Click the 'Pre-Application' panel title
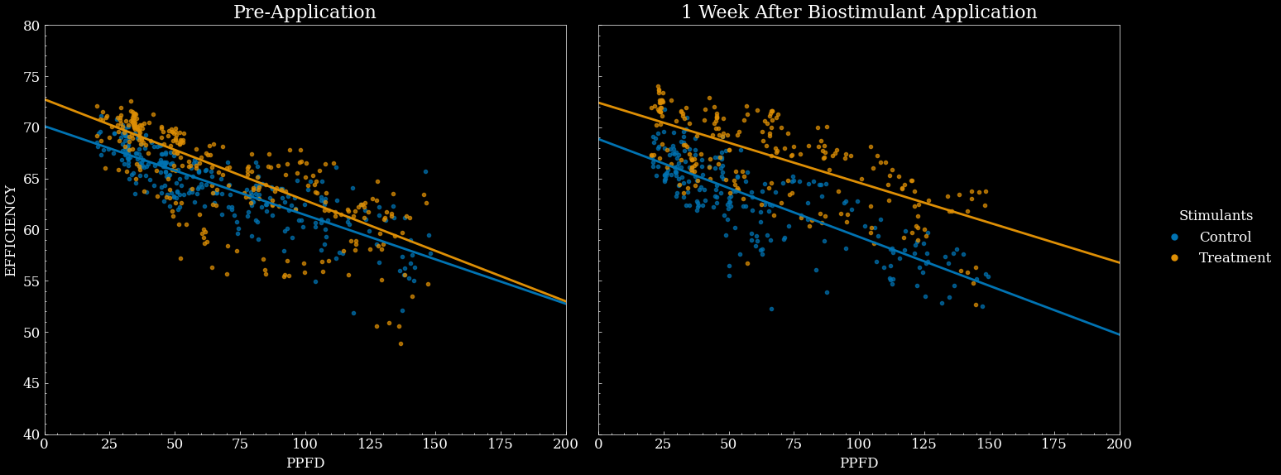305,12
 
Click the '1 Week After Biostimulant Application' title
859,12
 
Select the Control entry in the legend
1225,237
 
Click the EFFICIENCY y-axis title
11,230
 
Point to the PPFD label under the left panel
305,463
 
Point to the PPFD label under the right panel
859,463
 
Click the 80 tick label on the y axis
31,26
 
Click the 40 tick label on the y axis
31,434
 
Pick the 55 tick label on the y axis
31,281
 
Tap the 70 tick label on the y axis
31,127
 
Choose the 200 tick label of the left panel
566,444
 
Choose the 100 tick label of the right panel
859,444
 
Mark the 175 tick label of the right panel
1054,444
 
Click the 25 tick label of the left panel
110,444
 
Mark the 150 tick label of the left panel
435,444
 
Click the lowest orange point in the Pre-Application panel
401,343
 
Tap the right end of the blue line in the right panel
1119,334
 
